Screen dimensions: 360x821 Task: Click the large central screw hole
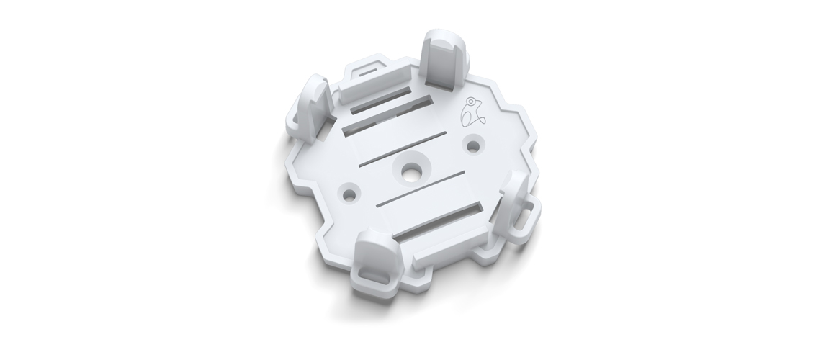[411, 171]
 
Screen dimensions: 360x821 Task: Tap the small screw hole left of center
[351, 193]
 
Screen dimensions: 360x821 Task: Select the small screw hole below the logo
[472, 145]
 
